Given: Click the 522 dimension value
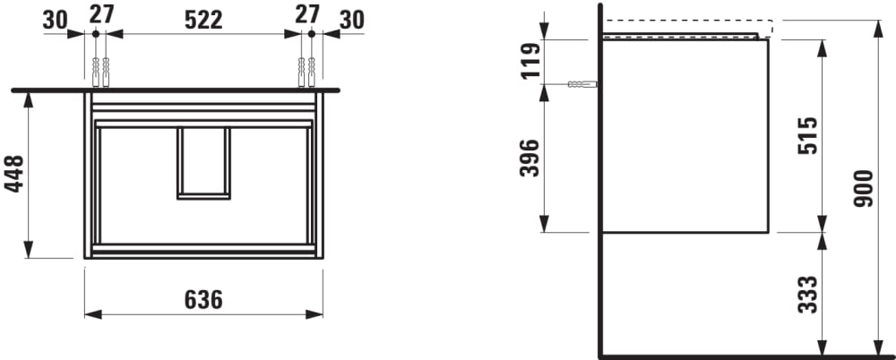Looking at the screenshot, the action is tap(203, 20).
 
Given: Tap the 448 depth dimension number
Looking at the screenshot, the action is tap(14, 174).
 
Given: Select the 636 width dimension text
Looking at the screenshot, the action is tap(203, 299).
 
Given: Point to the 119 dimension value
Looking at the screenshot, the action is tap(530, 60).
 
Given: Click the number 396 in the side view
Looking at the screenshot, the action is tap(530, 158).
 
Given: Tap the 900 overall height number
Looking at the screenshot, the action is tap(863, 188).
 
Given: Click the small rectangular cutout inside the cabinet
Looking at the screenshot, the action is tap(203, 163).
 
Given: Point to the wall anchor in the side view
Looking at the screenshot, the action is tap(582, 84).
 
